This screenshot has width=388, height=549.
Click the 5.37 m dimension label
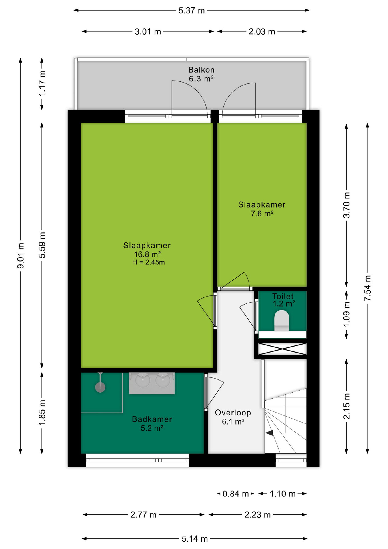(x=191, y=11)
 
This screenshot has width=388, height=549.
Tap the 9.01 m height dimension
(x=21, y=256)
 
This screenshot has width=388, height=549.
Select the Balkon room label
(x=201, y=70)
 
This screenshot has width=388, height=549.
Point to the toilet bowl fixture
(x=282, y=320)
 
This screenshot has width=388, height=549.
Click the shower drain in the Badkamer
(x=100, y=387)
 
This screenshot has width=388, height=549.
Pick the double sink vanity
(x=152, y=383)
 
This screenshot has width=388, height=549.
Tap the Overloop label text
(x=233, y=413)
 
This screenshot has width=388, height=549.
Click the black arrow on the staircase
(x=269, y=433)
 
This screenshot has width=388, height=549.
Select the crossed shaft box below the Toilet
(x=282, y=349)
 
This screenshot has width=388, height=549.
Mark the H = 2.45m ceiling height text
(x=148, y=262)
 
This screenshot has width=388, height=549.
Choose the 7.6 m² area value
(x=262, y=214)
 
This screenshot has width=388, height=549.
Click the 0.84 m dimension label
(x=235, y=494)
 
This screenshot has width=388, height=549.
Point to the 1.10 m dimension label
(x=283, y=494)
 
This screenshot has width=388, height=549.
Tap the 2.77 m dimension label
(x=143, y=515)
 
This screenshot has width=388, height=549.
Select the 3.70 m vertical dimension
(x=347, y=205)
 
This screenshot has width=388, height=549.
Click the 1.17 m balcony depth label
(x=42, y=83)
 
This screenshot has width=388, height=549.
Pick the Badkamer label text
(x=152, y=419)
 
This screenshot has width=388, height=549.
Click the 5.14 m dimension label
(x=195, y=539)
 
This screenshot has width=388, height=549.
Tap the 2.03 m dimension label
(x=262, y=31)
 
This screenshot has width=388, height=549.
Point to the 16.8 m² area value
(x=147, y=254)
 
